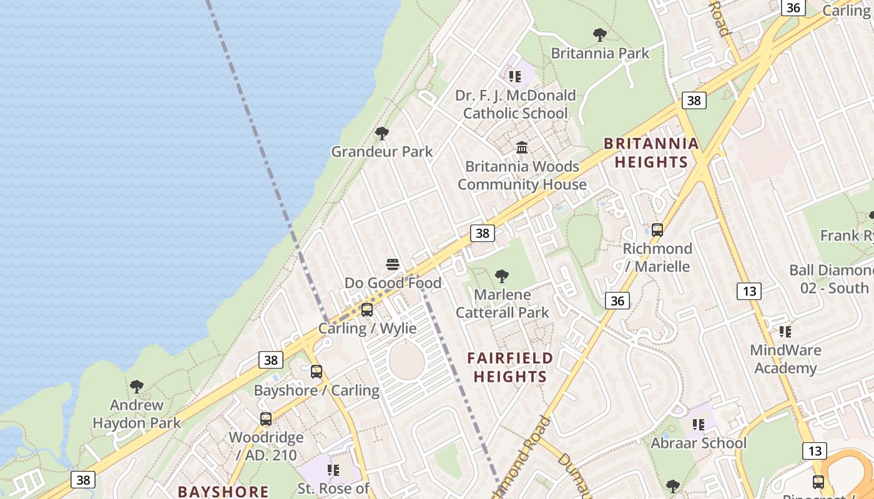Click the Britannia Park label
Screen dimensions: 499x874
click(x=600, y=53)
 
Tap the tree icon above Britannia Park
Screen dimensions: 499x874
click(x=600, y=34)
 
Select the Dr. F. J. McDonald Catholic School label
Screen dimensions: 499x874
click(x=516, y=104)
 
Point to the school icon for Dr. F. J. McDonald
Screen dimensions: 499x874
click(x=515, y=77)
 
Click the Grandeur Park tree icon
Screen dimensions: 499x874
click(x=381, y=133)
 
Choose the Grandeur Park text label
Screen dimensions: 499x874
click(x=381, y=152)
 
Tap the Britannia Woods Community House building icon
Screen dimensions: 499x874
click(x=522, y=148)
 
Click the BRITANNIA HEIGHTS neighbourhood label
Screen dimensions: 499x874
click(x=651, y=153)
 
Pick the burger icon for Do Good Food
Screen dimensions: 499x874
click(x=393, y=264)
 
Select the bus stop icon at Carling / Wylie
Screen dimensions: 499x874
click(x=367, y=310)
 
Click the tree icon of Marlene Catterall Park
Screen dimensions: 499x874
click(x=501, y=276)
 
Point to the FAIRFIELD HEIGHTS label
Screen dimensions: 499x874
click(x=510, y=367)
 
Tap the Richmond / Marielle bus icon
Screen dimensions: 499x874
click(x=657, y=230)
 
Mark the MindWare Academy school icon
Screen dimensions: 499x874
click(x=785, y=332)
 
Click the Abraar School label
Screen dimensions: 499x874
click(x=699, y=443)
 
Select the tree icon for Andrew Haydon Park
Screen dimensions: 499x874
click(x=137, y=387)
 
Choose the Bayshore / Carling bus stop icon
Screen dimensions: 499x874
click(x=317, y=372)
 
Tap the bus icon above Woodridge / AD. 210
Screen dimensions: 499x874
click(x=266, y=419)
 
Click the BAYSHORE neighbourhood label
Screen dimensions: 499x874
click(x=223, y=492)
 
